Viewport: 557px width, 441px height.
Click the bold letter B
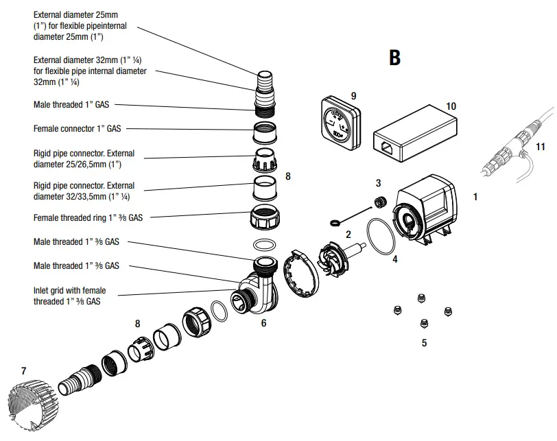click(394, 58)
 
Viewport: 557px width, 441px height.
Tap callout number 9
click(353, 95)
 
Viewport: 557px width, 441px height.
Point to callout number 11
click(541, 146)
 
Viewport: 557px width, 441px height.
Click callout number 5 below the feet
click(424, 343)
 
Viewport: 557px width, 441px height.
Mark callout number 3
click(378, 183)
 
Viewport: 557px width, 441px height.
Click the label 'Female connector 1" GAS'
click(78, 128)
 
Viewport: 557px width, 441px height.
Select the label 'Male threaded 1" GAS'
click(71, 105)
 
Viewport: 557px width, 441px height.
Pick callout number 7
click(23, 371)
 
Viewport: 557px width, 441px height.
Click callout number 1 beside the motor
click(475, 196)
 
